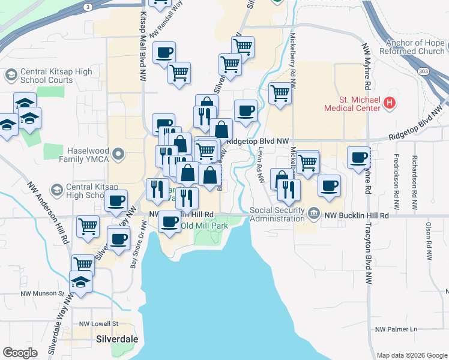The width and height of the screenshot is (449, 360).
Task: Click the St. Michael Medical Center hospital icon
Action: tap(390, 103)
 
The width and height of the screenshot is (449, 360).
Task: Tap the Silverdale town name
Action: tap(117, 339)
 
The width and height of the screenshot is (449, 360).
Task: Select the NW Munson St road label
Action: tap(41, 294)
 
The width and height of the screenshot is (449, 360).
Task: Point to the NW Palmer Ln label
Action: tap(396, 329)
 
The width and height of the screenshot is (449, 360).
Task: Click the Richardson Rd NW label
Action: tap(414, 178)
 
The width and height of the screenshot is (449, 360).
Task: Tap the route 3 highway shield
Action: tap(88, 7)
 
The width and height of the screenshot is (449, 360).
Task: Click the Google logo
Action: tap(20, 353)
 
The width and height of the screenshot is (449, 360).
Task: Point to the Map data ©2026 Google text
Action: tap(412, 355)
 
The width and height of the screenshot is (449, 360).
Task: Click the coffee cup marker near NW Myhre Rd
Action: tap(358, 158)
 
